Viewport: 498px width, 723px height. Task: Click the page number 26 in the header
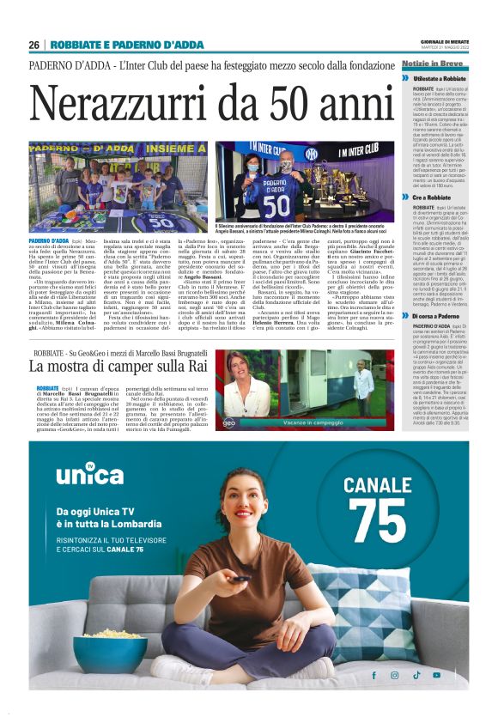coord(33,45)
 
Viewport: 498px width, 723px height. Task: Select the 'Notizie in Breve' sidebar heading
coord(431,64)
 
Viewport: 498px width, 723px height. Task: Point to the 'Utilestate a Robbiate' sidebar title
coord(439,78)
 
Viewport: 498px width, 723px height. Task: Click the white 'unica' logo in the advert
coord(82,475)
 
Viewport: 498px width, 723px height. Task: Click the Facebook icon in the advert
coord(373,675)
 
